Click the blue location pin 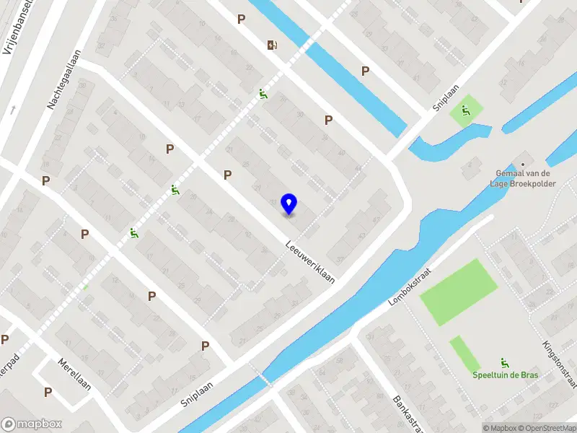pyautogui.click(x=288, y=204)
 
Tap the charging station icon pyautogui.click(x=272, y=45)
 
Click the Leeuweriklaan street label pyautogui.click(x=311, y=262)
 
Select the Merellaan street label pyautogui.click(x=74, y=375)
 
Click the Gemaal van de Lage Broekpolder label pyautogui.click(x=524, y=178)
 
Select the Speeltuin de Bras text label pyautogui.click(x=505, y=375)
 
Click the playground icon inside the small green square pyautogui.click(x=466, y=111)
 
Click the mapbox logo pyautogui.click(x=31, y=424)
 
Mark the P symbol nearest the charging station pyautogui.click(x=242, y=19)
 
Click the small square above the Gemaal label pyautogui.click(x=523, y=156)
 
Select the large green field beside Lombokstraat pyautogui.click(x=459, y=291)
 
